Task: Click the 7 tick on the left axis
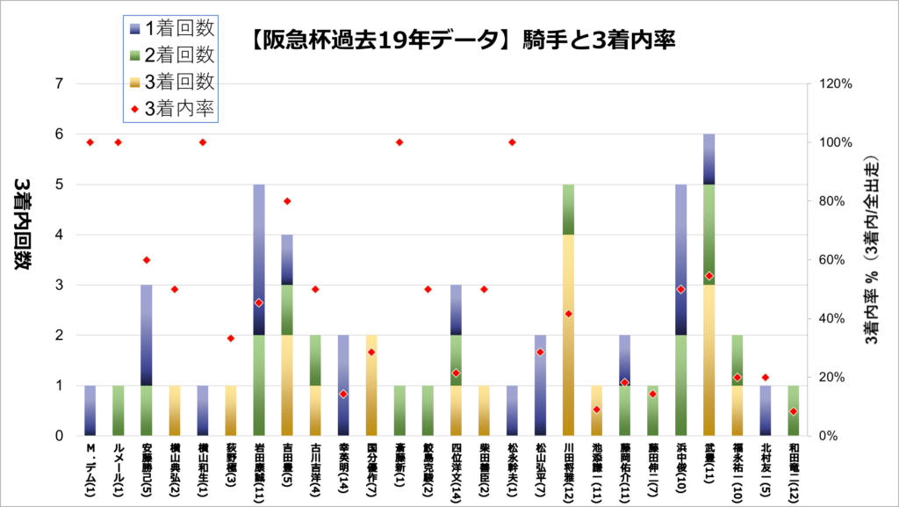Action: coord(60,83)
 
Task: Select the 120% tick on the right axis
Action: coord(834,83)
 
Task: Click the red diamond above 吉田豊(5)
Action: coord(287,201)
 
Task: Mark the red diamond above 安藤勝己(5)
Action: coord(147,260)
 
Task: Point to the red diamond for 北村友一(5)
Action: coord(766,377)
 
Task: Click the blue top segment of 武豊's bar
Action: coord(709,159)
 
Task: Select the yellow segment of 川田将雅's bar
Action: coord(569,334)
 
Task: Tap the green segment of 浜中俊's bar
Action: coord(681,385)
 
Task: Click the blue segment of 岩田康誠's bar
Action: coord(259,259)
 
